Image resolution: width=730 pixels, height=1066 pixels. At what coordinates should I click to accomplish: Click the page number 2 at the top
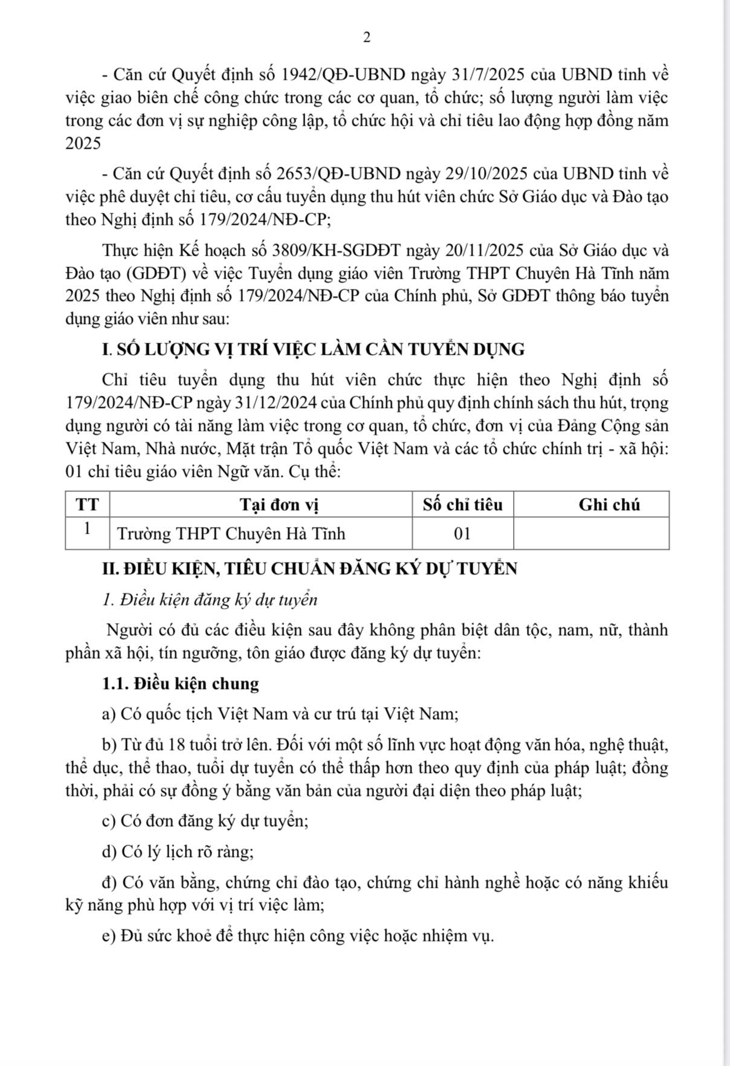click(366, 37)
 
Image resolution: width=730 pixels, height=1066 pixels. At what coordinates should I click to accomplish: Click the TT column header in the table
click(88, 505)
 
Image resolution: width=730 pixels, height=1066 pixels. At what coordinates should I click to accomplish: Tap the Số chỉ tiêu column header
click(462, 505)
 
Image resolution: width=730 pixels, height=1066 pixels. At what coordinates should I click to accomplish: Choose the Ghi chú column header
click(609, 505)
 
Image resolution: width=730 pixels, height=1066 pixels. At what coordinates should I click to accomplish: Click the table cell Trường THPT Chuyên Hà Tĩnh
click(231, 534)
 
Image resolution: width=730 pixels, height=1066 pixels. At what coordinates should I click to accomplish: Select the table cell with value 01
click(462, 534)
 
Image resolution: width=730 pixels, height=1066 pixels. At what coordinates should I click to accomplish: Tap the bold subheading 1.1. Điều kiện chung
click(180, 683)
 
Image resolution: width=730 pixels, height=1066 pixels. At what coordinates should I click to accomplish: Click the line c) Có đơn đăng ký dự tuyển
click(205, 821)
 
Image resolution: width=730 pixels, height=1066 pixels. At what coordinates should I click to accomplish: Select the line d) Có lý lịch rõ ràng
click(178, 851)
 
